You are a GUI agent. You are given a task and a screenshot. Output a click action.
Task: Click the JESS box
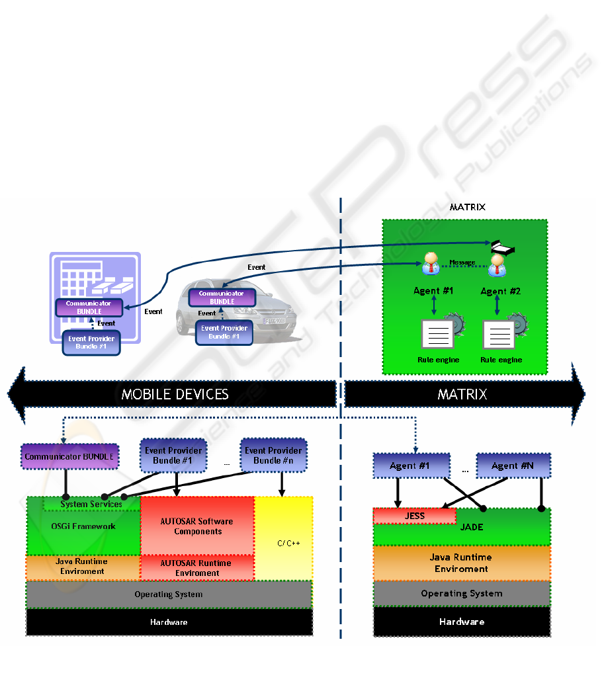414,516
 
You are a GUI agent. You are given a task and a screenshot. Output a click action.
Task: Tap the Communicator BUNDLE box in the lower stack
70,456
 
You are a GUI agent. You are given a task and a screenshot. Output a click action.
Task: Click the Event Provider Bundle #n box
273,455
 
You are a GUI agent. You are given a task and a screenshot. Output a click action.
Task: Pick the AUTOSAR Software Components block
197,526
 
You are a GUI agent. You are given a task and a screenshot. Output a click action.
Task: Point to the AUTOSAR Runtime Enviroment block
197,567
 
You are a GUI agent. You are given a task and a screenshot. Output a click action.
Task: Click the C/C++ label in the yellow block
288,543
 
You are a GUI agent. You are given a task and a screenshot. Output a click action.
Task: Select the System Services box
91,505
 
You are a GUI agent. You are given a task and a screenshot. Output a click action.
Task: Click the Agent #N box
513,466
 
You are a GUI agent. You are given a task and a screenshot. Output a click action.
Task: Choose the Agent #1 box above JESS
410,466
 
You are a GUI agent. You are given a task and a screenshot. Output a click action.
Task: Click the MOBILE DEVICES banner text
175,394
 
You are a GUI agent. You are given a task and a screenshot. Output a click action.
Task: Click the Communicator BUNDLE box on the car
222,297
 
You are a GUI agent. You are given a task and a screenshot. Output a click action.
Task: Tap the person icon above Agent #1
431,264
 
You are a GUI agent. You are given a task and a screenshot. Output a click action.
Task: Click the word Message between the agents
462,263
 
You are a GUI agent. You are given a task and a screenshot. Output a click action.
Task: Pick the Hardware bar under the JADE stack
462,622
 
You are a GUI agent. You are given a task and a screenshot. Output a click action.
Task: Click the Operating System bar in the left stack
168,594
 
